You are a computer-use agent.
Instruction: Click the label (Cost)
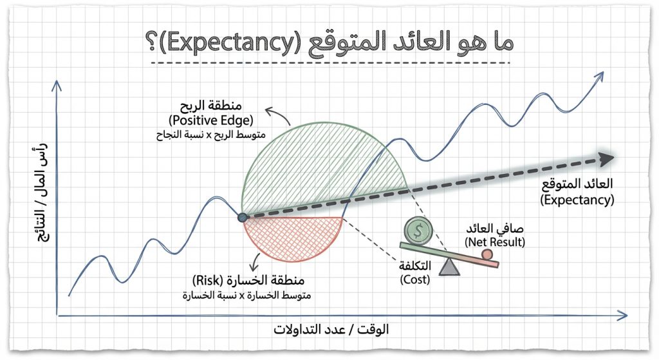414,280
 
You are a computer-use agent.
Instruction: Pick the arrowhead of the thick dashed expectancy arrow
604,158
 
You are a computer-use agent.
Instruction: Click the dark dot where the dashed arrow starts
242,218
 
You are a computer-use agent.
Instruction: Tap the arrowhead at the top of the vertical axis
58,86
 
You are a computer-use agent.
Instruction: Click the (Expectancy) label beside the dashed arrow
577,200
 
